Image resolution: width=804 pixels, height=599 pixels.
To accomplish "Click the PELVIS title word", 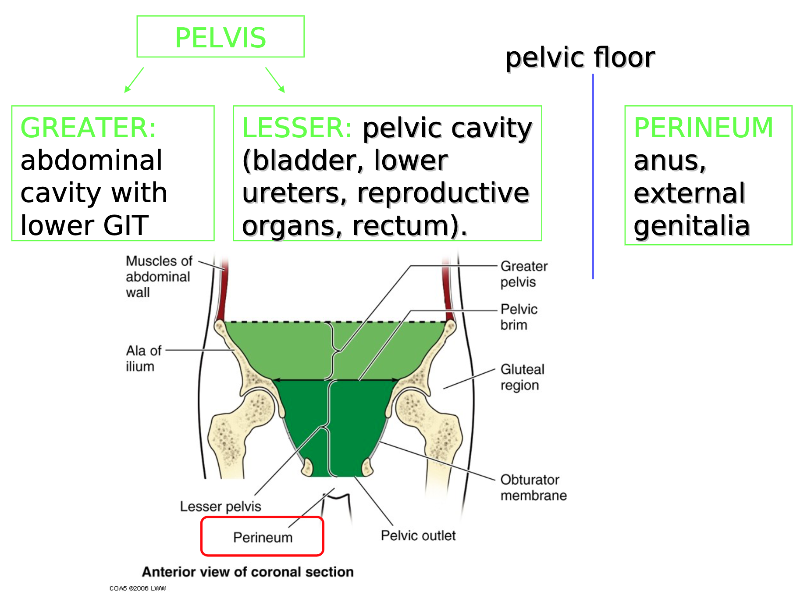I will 221,38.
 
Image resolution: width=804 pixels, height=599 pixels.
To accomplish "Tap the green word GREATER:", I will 88,128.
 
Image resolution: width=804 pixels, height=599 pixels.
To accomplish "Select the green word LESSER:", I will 297,128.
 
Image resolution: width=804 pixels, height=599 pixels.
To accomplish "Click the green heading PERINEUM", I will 703,128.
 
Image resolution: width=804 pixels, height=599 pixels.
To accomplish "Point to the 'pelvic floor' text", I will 580,57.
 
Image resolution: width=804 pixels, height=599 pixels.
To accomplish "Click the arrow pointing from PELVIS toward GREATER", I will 134,80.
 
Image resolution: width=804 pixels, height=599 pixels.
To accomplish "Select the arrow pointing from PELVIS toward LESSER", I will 275,80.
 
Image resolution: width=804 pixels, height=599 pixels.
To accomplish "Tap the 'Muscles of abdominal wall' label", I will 159,277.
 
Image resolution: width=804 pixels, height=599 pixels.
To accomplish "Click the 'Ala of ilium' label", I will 143,358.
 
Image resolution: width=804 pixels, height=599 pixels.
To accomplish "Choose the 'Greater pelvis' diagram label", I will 524,274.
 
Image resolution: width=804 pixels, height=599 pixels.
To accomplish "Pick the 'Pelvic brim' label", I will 519,317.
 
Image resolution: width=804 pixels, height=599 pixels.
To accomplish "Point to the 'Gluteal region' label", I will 522,377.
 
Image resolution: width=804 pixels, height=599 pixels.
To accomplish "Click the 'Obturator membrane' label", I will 533,487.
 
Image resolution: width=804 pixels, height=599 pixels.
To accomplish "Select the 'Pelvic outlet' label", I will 418,535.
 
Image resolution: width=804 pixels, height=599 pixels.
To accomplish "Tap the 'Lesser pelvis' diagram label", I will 221,506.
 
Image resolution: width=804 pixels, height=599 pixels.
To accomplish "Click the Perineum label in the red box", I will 263,537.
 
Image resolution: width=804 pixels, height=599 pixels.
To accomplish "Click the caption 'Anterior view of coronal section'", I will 248,572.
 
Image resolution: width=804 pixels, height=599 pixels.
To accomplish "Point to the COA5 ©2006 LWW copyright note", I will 138,588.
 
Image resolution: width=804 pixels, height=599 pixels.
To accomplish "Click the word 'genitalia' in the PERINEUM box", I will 691,226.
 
